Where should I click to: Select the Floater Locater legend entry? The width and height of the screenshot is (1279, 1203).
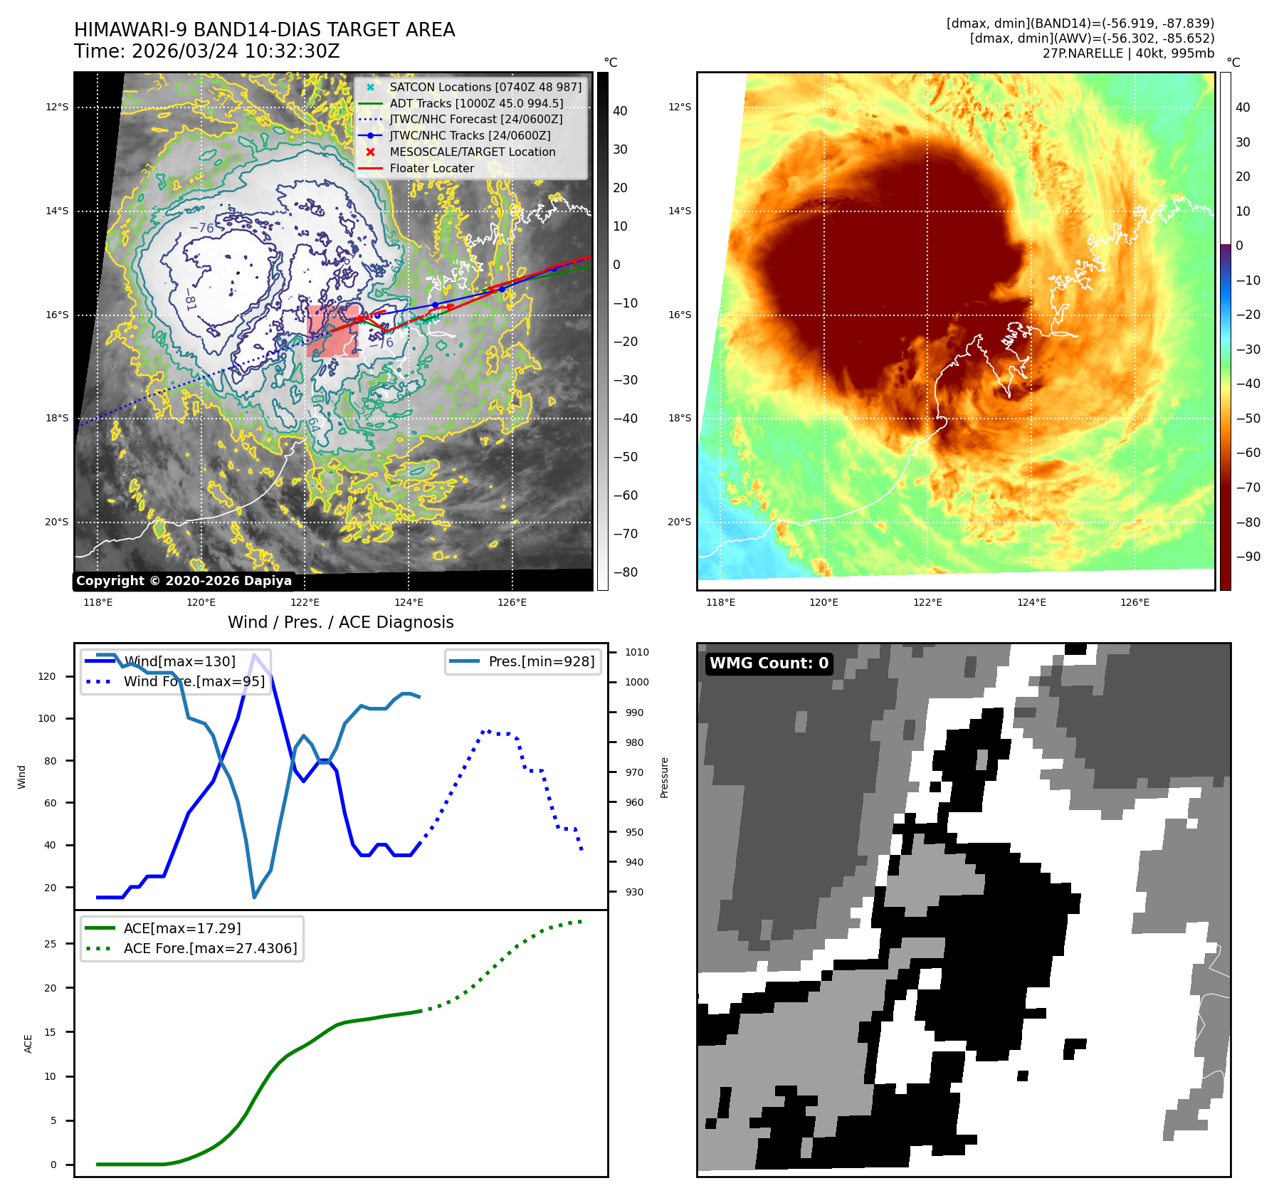coord(431,169)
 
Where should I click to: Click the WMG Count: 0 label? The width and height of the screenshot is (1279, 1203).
coord(769,663)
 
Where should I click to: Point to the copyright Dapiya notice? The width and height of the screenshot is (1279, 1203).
coord(184,581)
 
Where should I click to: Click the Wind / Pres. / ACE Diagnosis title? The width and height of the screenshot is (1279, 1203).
coord(340,622)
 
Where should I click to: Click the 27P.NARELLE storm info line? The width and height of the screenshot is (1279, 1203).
coord(1128,53)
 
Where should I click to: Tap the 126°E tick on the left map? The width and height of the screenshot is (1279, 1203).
coord(512,603)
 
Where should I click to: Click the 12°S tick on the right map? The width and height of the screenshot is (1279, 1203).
coord(679,107)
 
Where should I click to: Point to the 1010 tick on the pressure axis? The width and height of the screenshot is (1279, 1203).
coord(637,652)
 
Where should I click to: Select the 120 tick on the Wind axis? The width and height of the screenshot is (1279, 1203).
coord(47,676)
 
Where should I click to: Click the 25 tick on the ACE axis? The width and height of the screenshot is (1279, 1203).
coord(51,944)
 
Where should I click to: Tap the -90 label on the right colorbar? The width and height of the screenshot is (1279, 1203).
coord(1248,557)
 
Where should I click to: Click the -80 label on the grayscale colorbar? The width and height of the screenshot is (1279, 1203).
coord(626,572)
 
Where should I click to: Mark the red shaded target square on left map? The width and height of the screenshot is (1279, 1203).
coord(332,331)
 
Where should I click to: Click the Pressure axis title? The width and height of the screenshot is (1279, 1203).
coord(664,777)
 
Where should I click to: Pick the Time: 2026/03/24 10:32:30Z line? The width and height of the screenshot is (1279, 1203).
coord(207,51)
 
